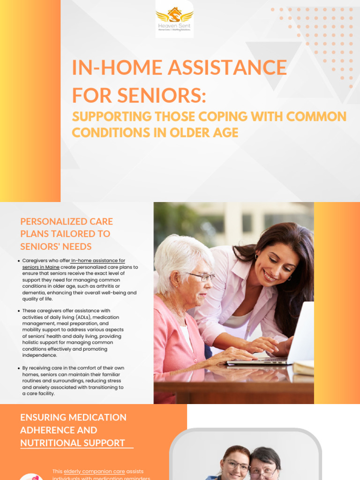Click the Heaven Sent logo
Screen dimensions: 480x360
[x=174, y=19]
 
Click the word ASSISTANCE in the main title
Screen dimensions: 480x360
[x=227, y=67]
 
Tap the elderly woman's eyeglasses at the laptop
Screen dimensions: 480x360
[x=201, y=277]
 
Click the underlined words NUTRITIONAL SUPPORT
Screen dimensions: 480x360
[x=73, y=443]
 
